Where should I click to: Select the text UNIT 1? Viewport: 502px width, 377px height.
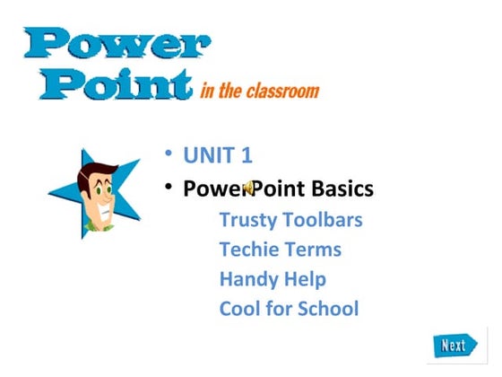click(218, 155)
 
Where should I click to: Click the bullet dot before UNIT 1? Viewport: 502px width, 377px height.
click(168, 153)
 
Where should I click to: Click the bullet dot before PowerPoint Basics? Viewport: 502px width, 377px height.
click(168, 188)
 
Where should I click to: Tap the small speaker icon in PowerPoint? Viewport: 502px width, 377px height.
click(249, 188)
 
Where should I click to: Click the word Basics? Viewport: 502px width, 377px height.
click(342, 189)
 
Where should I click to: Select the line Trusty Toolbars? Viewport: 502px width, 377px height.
click(290, 220)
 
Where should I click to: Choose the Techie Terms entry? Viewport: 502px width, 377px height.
click(280, 250)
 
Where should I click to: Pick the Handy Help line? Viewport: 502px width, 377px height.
click(273, 279)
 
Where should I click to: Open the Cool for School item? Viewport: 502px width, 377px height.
click(289, 309)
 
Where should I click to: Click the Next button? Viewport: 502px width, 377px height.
click(454, 345)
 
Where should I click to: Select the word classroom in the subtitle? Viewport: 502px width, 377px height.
click(284, 90)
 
